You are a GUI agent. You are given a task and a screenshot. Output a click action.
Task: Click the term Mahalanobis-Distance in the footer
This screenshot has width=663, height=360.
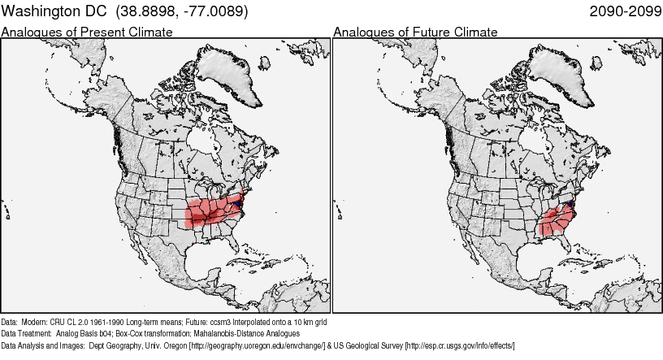coord(227,333)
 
